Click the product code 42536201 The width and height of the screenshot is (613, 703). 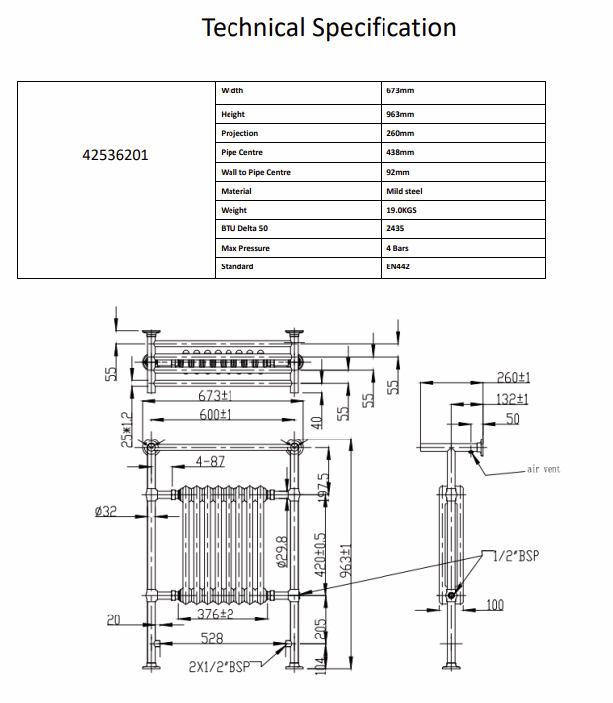(115, 155)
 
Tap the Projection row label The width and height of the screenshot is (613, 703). (239, 133)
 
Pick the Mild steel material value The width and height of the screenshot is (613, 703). (404, 191)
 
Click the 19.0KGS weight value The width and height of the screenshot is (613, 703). (401, 210)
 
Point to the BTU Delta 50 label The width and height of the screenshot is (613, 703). (244, 228)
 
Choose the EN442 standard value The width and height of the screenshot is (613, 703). (398, 266)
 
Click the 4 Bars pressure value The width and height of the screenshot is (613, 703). (398, 248)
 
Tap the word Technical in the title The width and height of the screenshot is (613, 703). (253, 27)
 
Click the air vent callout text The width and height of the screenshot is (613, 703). (543, 469)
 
